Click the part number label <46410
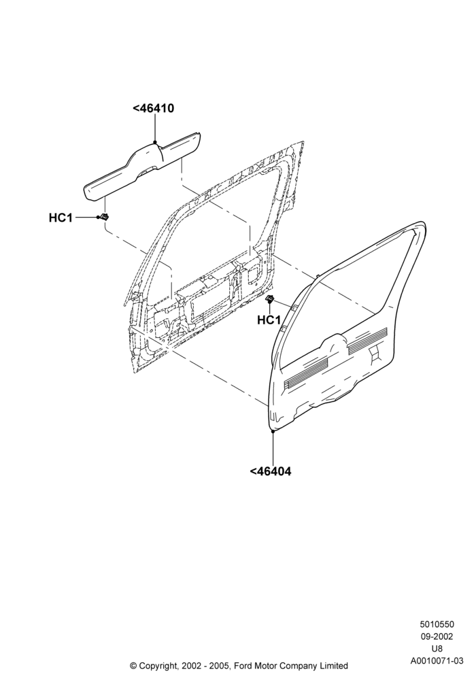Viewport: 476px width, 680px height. click(x=153, y=108)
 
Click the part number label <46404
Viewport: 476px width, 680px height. click(x=271, y=471)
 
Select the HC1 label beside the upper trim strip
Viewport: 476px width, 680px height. click(x=61, y=218)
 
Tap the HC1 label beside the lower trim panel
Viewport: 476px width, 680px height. click(x=269, y=320)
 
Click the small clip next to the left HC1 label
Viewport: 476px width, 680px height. click(x=104, y=217)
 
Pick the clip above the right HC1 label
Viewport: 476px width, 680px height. click(x=270, y=299)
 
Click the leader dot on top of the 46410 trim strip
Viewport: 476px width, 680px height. click(x=155, y=142)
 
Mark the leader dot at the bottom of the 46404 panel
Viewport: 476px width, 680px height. click(x=273, y=431)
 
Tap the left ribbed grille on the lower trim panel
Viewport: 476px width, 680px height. click(x=306, y=372)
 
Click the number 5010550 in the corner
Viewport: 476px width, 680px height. click(x=437, y=624)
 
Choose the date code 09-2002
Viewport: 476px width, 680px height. click(x=437, y=636)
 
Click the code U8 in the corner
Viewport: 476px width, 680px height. click(x=437, y=649)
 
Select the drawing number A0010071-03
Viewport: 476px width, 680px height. click(x=437, y=661)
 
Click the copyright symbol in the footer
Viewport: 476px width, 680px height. click(x=133, y=666)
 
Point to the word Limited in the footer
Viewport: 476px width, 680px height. click(x=333, y=666)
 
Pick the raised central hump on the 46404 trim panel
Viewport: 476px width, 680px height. click(x=333, y=342)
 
